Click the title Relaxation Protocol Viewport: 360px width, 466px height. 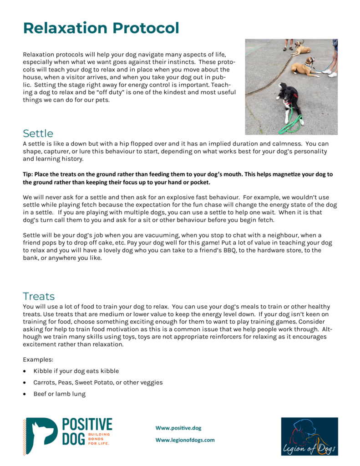[101, 28]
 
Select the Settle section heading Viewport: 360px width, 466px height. [38, 133]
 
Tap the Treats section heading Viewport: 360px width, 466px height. [39, 296]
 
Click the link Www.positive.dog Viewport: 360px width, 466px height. [178, 428]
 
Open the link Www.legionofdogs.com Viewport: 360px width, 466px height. [185, 440]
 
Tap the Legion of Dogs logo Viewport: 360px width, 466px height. [309, 436]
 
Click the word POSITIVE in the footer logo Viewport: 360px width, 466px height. [86, 425]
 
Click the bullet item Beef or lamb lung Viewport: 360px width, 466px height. [59, 394]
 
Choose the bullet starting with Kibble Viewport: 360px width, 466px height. [76, 371]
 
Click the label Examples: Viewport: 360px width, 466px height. [37, 359]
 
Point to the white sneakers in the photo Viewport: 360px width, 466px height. [330, 72]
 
